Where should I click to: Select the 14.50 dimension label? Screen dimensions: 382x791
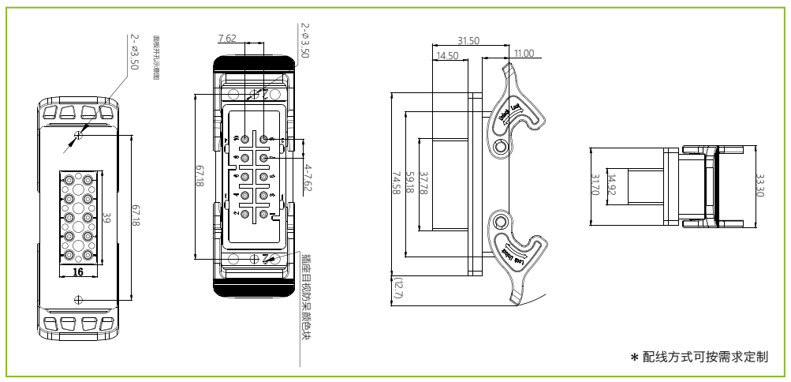448,56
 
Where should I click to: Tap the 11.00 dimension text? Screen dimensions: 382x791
523,54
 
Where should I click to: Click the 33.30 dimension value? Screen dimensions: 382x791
760,184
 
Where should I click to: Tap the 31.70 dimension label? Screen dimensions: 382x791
597,184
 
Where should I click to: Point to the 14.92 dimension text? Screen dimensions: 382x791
610,184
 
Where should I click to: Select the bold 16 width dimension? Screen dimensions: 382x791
77,270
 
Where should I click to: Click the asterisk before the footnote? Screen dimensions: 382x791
632,358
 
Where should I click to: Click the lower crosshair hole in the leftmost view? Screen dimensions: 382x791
77,299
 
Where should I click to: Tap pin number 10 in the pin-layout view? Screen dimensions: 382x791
233,140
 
